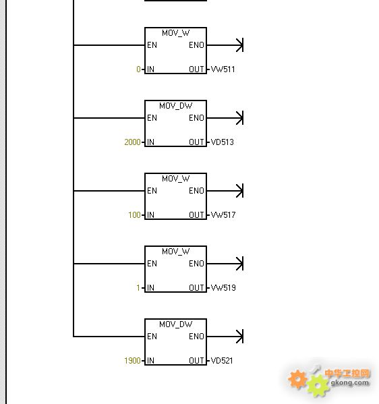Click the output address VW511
click(223, 69)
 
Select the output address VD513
click(223, 142)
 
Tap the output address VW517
click(223, 215)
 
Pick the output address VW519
click(223, 288)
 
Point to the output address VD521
click(222, 361)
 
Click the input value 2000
click(132, 142)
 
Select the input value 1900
click(132, 361)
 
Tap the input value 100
click(134, 215)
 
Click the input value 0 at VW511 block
click(139, 69)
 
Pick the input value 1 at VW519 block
click(138, 288)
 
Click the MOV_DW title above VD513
click(176, 106)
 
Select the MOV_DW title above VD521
click(176, 324)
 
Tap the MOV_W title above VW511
click(176, 33)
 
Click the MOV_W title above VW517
click(176, 179)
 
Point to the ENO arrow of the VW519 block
click(225, 264)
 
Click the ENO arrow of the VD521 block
click(225, 337)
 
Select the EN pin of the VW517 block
click(152, 191)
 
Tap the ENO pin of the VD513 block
click(196, 118)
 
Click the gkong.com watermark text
click(349, 382)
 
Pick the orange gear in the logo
click(297, 379)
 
